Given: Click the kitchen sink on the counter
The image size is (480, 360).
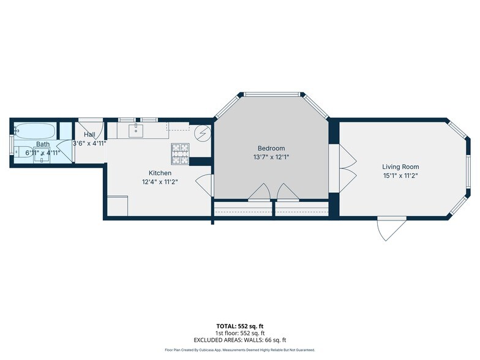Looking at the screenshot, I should (135, 130).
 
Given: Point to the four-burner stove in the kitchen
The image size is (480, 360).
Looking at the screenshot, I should (179, 154).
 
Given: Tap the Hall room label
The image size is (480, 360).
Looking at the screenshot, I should (89, 135).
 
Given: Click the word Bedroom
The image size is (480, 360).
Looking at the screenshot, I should (271, 148).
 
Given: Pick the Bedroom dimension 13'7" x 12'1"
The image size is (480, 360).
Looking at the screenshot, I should (271, 157).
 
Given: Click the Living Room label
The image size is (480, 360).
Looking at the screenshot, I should (400, 167).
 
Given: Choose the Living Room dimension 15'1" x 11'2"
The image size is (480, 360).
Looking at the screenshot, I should (400, 175).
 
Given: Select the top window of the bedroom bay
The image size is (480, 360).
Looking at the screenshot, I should (271, 94).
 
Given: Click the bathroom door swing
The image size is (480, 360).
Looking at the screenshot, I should (64, 151).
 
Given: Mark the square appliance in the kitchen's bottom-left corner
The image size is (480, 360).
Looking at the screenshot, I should (118, 206).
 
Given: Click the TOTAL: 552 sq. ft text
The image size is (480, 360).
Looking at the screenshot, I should (239, 326).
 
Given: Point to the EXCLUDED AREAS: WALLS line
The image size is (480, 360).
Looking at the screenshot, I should (239, 340).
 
